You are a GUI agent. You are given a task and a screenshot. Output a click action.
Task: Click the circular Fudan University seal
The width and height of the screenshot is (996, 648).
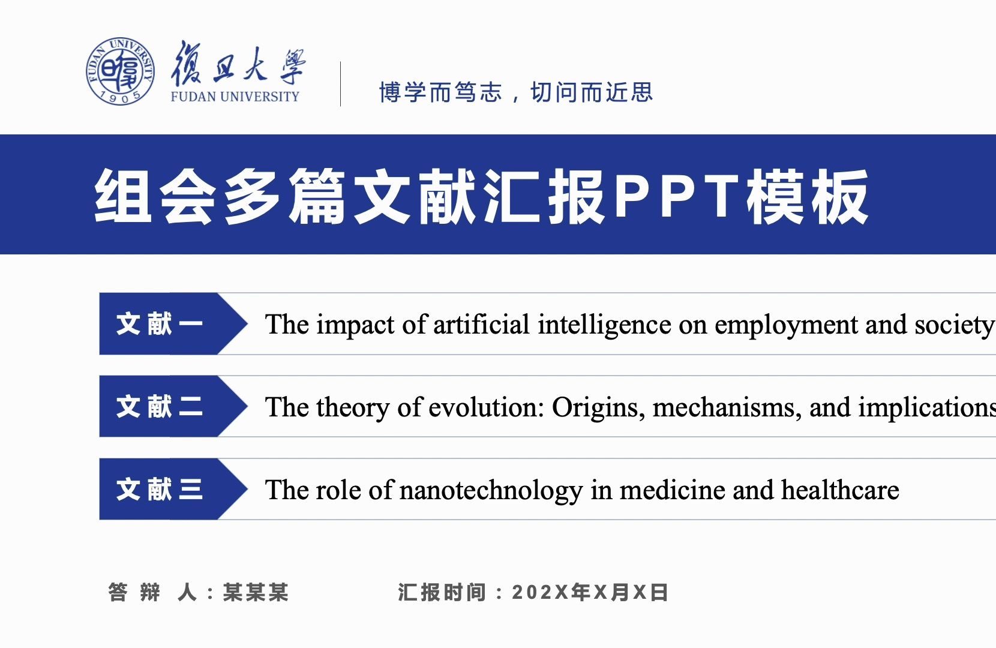[x=120, y=71]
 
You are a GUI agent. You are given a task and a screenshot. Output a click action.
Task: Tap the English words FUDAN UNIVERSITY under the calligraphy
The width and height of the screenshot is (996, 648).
[x=235, y=97]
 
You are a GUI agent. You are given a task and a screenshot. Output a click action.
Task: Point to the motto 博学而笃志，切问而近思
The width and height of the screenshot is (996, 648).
[x=516, y=92]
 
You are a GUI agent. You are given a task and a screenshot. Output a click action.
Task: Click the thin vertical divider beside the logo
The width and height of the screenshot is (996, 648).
[x=341, y=83]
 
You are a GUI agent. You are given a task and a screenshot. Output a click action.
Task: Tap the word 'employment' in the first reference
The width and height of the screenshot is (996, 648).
[x=787, y=325]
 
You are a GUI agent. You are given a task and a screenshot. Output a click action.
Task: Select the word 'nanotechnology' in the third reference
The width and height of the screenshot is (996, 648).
[x=491, y=490]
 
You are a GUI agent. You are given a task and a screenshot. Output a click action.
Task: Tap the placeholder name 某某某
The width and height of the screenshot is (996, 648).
[x=256, y=592]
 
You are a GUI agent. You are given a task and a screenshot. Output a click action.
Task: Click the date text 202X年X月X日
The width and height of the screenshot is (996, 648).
[x=590, y=592]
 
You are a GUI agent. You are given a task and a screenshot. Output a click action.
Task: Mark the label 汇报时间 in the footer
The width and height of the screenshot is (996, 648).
[x=441, y=592]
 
